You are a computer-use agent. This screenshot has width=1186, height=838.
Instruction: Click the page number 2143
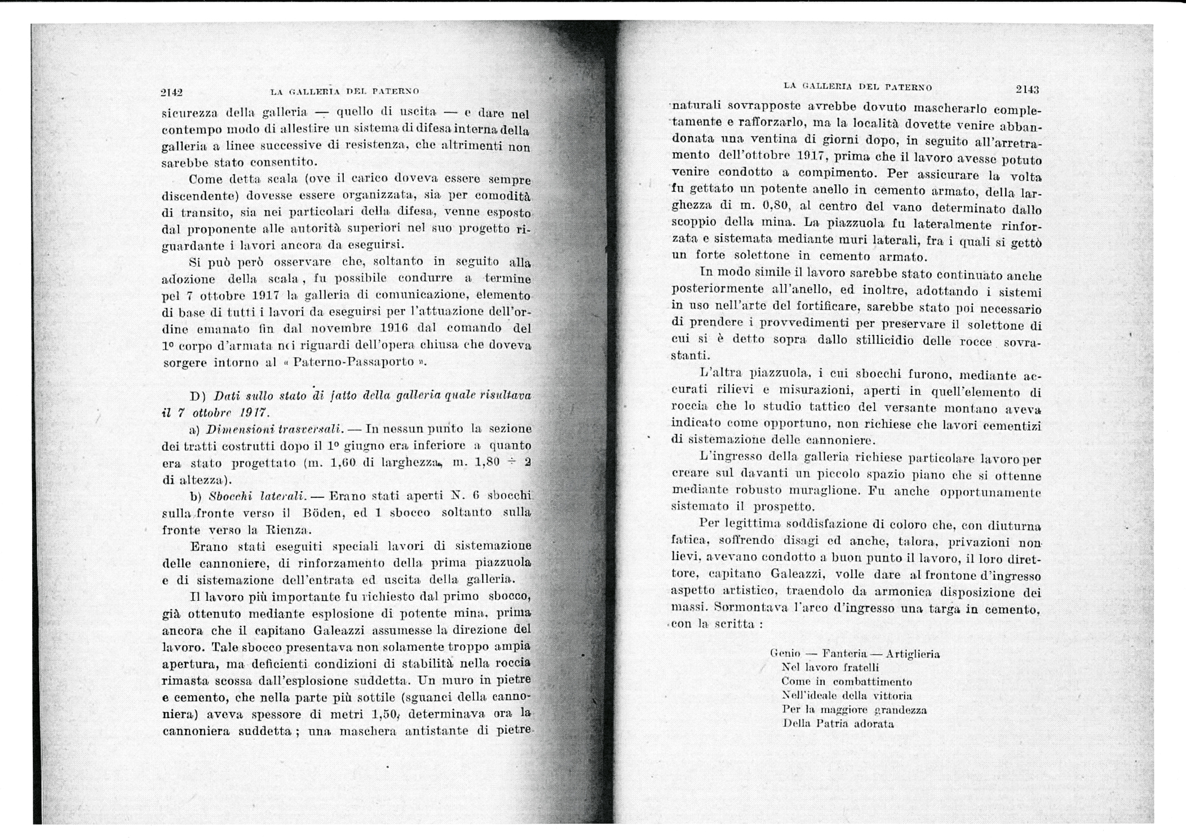(1027, 89)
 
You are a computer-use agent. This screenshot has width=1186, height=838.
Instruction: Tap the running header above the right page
(857, 87)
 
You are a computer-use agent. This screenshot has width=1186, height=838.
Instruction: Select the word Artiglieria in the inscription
(913, 654)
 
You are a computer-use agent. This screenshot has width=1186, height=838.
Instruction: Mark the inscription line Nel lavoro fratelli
(830, 668)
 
